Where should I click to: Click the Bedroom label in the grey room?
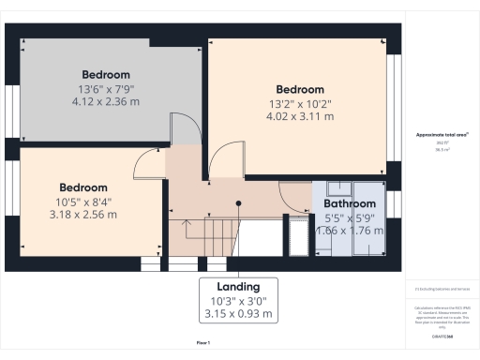click(x=105, y=74)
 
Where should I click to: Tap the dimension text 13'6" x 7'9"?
click(x=105, y=89)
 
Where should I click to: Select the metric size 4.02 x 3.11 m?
click(x=299, y=117)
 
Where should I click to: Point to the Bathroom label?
click(x=350, y=203)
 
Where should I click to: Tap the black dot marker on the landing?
click(x=239, y=202)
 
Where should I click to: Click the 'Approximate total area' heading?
click(x=442, y=135)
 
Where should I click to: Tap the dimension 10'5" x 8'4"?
click(x=83, y=202)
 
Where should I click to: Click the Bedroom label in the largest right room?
click(x=299, y=89)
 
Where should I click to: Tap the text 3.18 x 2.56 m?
click(x=83, y=215)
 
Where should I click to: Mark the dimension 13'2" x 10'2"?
click(x=299, y=104)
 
